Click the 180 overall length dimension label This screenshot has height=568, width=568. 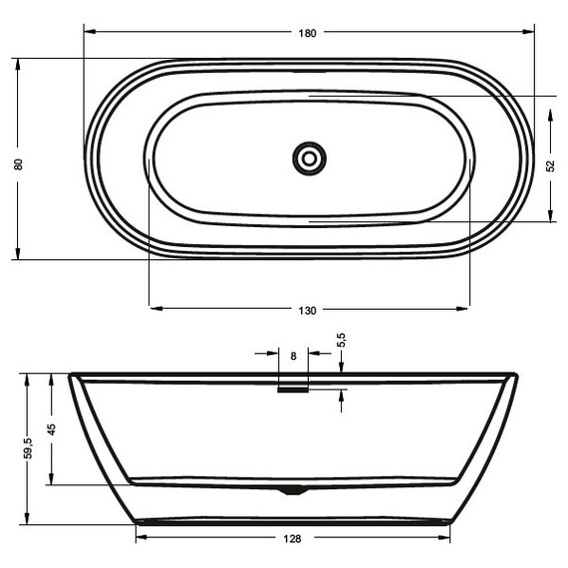coord(307,33)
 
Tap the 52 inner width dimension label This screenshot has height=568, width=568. coord(551,165)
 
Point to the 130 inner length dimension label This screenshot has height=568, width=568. coord(307,311)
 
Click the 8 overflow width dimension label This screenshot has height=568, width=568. coord(293,354)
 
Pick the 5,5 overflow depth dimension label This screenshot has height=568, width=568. coord(342,340)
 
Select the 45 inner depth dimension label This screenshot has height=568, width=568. coord(51,429)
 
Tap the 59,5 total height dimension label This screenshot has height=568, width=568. coord(29,448)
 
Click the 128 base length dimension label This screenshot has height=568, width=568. coord(292,539)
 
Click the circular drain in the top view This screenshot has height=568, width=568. coord(310,157)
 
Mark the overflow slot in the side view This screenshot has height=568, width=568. coord(293,390)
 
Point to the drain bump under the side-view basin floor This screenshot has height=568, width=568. coord(291,489)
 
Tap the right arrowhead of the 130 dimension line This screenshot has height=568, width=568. coord(463,308)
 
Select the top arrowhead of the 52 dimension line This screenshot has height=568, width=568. coord(551,101)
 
